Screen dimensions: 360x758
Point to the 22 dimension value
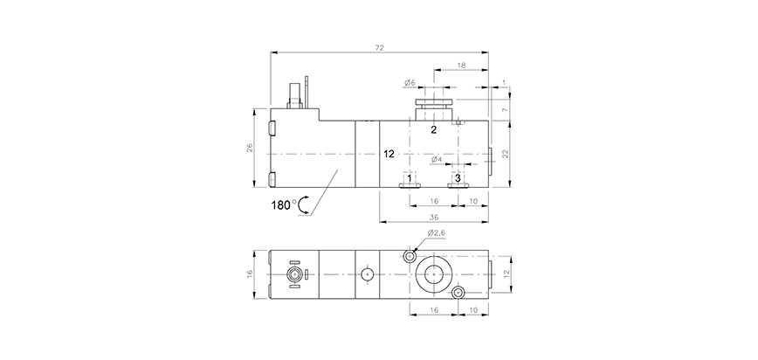(x=505, y=154)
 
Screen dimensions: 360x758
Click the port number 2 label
(x=433, y=129)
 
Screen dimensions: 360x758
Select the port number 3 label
(x=458, y=177)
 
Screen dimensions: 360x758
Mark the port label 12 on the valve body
(x=389, y=153)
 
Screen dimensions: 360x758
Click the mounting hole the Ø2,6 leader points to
(x=410, y=257)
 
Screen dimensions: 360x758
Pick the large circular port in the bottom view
(x=433, y=274)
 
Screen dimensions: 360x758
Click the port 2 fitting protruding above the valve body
(x=434, y=108)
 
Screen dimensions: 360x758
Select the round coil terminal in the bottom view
(x=295, y=274)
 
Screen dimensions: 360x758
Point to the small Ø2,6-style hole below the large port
(x=457, y=293)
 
